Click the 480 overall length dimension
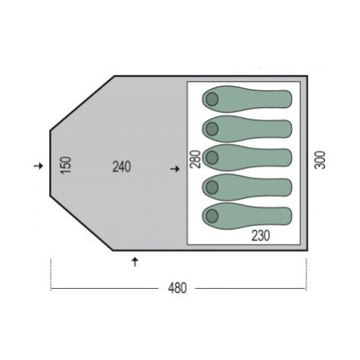click(178, 288)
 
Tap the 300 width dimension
click(320, 160)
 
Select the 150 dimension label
click(65, 165)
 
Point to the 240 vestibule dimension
click(122, 167)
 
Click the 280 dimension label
click(195, 159)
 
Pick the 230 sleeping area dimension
click(260, 236)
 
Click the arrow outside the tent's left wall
click(38, 166)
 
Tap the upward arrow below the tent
click(135, 262)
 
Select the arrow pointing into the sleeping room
click(175, 169)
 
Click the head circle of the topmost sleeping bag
click(212, 99)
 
